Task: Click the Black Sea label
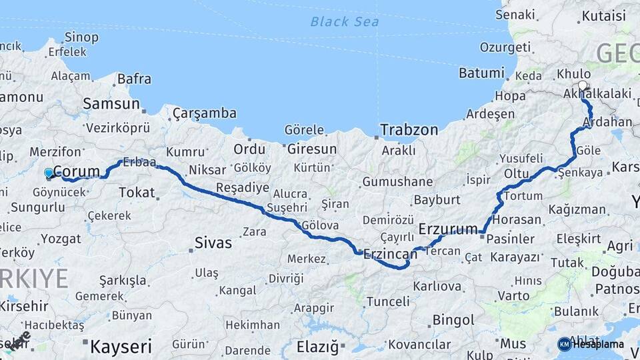point(344,21)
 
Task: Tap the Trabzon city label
point(409,130)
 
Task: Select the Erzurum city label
point(448,229)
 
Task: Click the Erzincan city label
point(390,253)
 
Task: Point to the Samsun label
point(111,104)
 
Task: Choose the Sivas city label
point(213,243)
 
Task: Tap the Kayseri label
point(121,347)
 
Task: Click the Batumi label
point(481,73)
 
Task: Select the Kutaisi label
point(603,16)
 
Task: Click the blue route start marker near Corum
point(48,173)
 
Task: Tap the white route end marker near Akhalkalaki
point(583,85)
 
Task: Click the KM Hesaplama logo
point(591,344)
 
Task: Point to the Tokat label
point(137,192)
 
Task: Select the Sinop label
point(81,37)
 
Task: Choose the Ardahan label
point(607,122)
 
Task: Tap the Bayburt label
point(437,199)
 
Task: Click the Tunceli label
point(388,301)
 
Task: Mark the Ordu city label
point(249,149)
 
